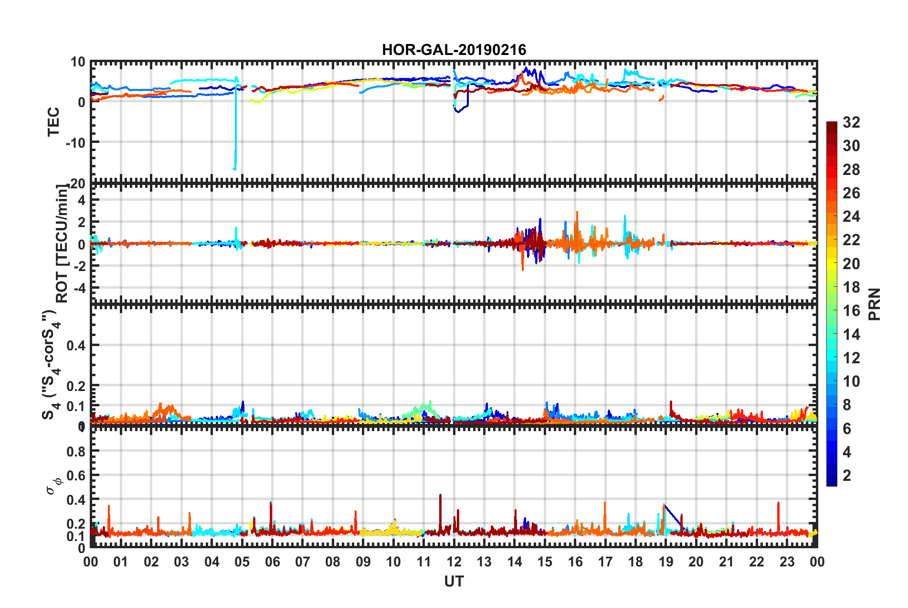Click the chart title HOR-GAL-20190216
coord(454,50)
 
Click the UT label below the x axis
coord(454,581)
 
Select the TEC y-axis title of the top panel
coord(53,121)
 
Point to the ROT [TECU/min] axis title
coord(62,244)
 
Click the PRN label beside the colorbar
coord(875,304)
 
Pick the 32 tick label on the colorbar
coord(851,122)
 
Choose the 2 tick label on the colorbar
coord(847,475)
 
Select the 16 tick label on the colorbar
coord(851,311)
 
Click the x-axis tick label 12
coord(454,562)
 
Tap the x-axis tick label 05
coord(242,562)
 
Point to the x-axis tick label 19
coord(666,562)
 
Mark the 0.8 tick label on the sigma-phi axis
coord(77,451)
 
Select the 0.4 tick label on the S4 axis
coord(77,345)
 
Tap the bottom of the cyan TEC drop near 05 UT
coord(234,169)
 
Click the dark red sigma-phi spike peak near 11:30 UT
coord(440,496)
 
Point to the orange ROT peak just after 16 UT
coord(577,212)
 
